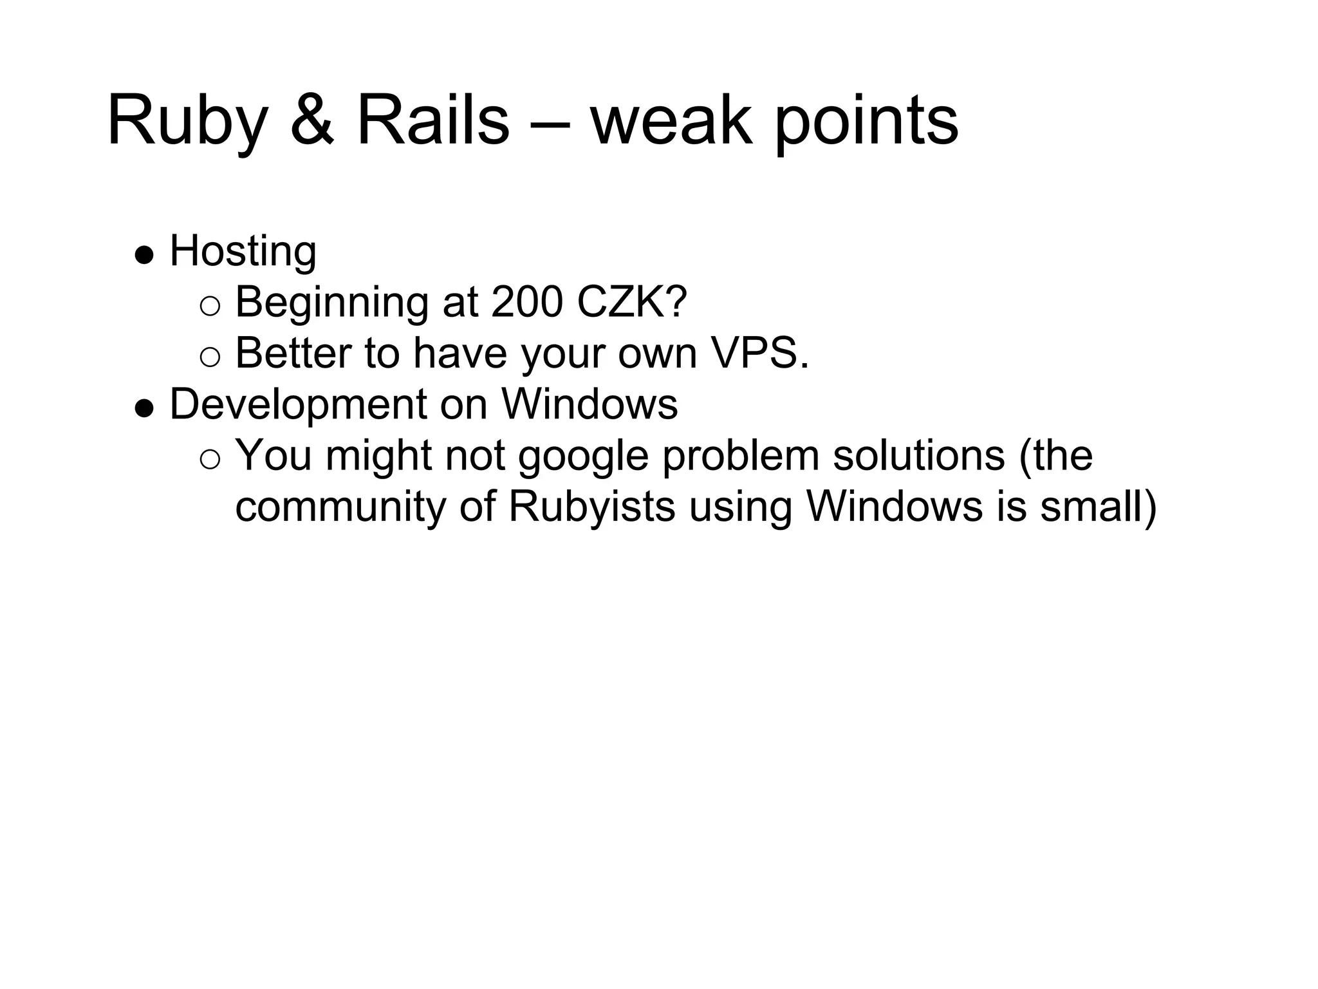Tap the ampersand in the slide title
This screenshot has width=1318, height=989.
312,121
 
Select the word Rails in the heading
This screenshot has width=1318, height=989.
432,121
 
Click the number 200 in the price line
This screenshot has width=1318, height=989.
526,302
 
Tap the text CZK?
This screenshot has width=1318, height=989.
633,302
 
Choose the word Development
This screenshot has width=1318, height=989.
297,405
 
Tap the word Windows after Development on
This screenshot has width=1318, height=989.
589,405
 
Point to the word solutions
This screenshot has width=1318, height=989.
918,456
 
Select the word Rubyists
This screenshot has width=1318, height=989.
591,507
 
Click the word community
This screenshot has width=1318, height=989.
340,507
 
